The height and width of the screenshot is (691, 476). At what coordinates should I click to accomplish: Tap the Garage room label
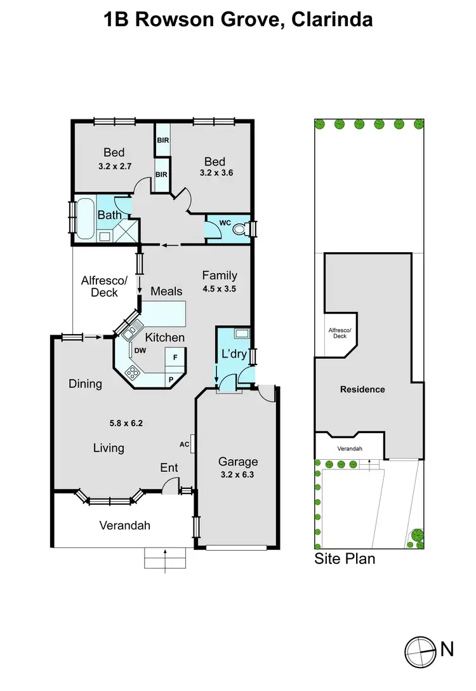point(238,462)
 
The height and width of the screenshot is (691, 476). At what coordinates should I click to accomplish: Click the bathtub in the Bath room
point(84,218)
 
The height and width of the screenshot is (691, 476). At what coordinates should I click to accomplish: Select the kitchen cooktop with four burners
point(134,372)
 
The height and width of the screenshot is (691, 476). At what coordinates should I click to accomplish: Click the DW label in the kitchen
point(138,349)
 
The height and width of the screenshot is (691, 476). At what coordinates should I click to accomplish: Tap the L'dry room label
point(234,354)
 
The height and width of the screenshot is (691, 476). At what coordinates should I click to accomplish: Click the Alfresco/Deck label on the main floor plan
point(105,286)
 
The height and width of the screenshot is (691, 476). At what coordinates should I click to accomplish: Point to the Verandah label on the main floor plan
point(125,525)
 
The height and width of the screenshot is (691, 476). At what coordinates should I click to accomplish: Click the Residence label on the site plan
point(362,389)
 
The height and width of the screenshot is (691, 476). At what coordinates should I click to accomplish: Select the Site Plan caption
point(345,559)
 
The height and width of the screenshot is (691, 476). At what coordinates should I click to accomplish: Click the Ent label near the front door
point(169,468)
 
